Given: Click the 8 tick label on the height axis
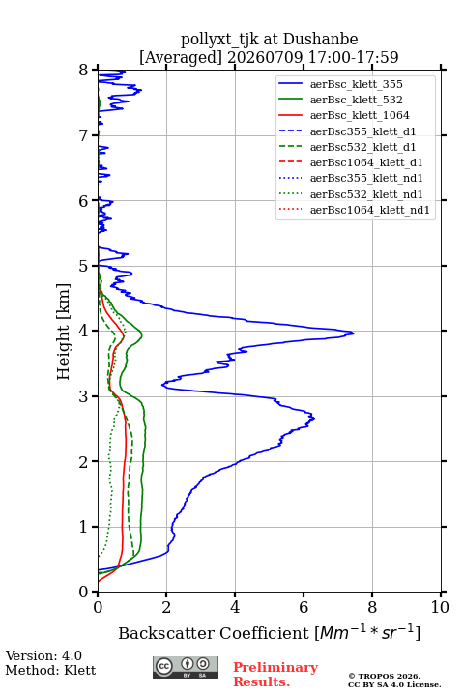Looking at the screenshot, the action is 84,70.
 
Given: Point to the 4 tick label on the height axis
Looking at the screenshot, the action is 84,331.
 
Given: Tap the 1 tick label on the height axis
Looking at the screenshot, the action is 84,527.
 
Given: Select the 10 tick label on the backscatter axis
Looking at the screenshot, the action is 440,607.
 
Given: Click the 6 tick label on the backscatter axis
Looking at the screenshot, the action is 304,607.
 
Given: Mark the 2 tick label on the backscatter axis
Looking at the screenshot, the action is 166,607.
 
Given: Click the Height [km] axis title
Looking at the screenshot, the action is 63,332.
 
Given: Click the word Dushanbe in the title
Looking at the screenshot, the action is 320,40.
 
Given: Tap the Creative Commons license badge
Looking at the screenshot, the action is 186,667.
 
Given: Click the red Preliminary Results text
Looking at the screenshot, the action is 275,675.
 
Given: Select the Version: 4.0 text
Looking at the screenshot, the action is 43,656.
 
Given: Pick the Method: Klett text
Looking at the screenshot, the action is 50,670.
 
